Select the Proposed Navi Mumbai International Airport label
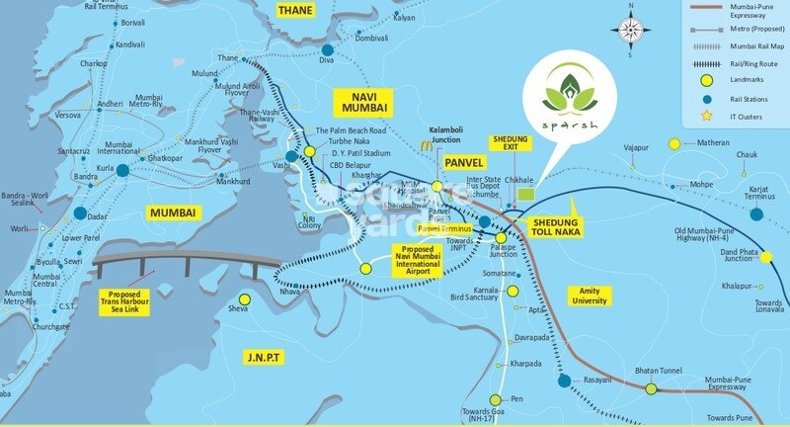(x=428, y=259)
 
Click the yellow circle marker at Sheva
(x=244, y=298)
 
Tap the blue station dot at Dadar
(x=78, y=213)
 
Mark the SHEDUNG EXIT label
(x=512, y=145)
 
